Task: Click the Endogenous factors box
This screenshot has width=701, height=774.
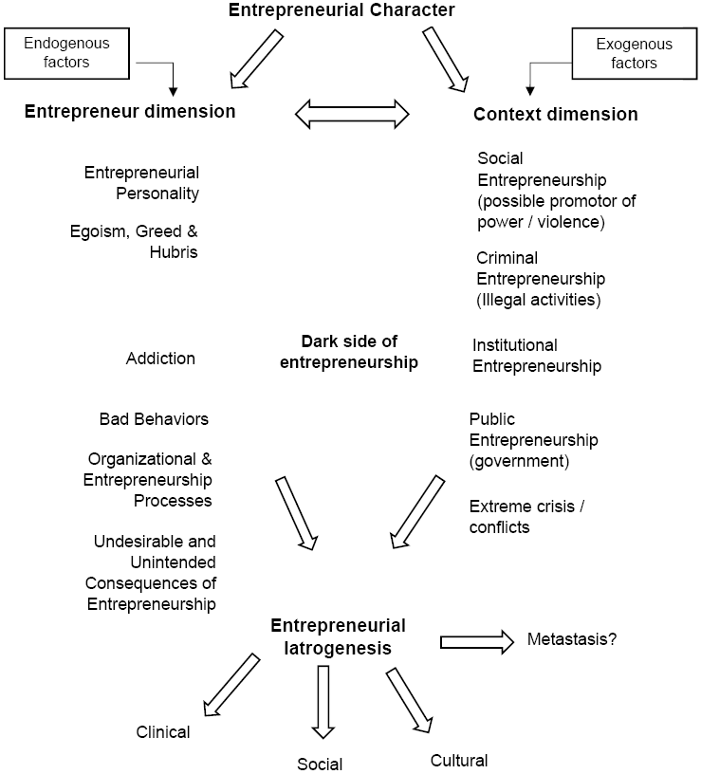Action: (66, 53)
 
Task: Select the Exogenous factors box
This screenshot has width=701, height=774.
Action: (633, 54)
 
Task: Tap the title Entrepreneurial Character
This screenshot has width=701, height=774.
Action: (342, 11)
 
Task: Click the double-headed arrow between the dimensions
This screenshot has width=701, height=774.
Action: (353, 114)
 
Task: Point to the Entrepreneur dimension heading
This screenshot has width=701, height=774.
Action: (130, 111)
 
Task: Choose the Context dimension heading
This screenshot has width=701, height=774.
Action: (555, 115)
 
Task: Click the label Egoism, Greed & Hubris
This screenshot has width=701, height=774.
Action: (134, 241)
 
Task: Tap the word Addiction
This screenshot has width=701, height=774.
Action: (160, 359)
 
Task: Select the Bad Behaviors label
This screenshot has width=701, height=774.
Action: (154, 418)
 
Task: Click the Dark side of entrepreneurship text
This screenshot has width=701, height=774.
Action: (349, 351)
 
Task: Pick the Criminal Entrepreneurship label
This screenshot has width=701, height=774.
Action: (540, 279)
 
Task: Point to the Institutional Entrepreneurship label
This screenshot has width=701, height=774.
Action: (536, 355)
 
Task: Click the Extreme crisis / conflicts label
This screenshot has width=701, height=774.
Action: (526, 516)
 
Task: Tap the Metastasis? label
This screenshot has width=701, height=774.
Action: (571, 639)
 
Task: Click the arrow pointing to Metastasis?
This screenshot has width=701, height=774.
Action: (476, 642)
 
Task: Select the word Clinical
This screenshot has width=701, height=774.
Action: (163, 731)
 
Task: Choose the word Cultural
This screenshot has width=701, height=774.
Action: (459, 760)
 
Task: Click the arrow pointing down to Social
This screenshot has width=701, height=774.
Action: (323, 702)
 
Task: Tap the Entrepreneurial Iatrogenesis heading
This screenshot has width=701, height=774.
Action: (338, 636)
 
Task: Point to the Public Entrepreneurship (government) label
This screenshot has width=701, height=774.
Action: (533, 440)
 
